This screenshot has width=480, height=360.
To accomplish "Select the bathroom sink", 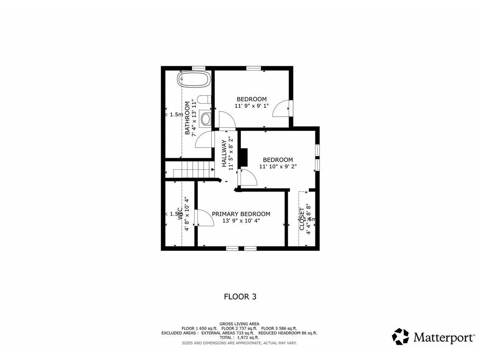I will [205, 119].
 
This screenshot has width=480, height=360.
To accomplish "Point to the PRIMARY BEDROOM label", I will [241, 214].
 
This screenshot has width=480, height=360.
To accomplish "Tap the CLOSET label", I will [302, 219].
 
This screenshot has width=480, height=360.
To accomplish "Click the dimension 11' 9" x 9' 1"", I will [252, 106].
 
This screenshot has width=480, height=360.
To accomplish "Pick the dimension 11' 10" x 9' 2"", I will [278, 166].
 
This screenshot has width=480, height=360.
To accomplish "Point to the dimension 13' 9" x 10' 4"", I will [241, 220].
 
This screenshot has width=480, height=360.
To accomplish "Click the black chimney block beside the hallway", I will [243, 157].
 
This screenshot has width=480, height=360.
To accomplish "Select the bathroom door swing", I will [203, 140].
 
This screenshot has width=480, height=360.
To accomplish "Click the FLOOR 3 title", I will [240, 296].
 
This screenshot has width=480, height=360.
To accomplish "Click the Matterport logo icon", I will [400, 337].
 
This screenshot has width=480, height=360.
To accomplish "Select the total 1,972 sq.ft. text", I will [240, 337].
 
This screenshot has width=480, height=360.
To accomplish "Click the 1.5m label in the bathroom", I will [176, 114].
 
